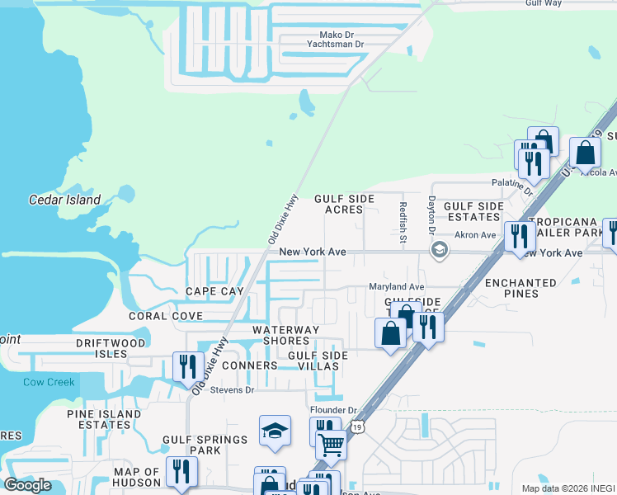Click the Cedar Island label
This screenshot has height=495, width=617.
point(64,200)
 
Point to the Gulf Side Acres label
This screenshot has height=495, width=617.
point(344,205)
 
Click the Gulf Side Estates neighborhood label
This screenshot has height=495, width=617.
point(473,211)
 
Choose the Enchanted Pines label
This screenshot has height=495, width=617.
point(521,288)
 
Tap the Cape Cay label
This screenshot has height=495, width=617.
point(214,291)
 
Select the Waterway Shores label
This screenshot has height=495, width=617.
point(285,336)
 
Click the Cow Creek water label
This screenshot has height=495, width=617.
point(49,382)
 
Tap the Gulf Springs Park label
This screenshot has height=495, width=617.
point(193,445)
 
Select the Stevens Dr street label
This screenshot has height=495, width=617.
point(232,389)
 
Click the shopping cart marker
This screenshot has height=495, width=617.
point(331,444)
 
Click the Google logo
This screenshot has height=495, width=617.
point(28,485)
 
